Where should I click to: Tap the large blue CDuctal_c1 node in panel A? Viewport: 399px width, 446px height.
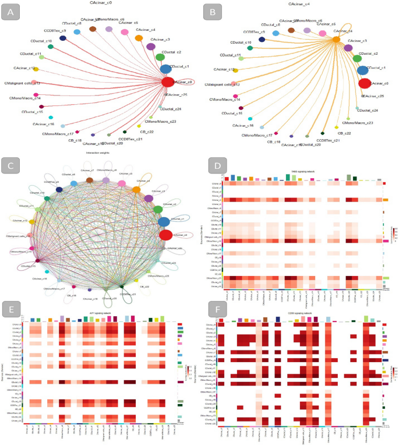point(166,69)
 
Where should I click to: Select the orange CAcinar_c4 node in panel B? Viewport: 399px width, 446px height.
point(336,39)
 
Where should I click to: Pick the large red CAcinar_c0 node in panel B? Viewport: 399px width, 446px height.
point(365,83)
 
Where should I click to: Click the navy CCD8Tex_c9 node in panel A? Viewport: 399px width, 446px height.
point(63,38)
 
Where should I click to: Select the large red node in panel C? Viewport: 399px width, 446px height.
point(165,235)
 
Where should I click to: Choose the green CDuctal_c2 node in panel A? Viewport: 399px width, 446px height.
point(160,57)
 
